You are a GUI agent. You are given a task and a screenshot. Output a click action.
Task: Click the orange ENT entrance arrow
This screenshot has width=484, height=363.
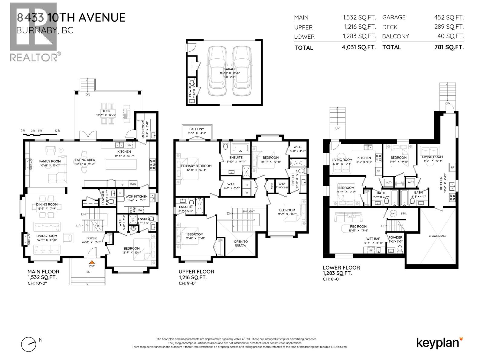click(x=92, y=262)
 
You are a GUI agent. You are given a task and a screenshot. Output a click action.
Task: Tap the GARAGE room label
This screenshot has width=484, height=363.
click(x=230, y=69)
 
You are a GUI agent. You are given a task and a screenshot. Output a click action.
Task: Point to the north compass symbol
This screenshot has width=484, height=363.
click(x=28, y=344)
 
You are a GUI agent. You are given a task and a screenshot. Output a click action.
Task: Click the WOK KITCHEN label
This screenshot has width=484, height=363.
click(x=136, y=196)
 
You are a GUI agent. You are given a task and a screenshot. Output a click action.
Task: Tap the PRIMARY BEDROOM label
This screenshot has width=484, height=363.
click(x=196, y=166)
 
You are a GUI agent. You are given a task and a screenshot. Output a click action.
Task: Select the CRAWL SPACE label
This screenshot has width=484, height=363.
click(x=437, y=236)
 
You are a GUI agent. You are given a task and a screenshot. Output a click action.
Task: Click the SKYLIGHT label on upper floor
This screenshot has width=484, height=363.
click(x=248, y=211)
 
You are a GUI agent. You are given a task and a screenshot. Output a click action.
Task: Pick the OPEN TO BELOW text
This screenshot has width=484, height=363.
click(x=241, y=243)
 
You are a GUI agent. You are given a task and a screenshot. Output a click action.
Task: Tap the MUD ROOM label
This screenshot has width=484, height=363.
click(x=144, y=130)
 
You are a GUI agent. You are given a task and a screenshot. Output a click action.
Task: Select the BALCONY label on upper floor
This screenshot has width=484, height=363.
click(x=197, y=129)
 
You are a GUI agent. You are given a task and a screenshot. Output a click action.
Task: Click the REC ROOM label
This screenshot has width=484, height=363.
click(x=358, y=226)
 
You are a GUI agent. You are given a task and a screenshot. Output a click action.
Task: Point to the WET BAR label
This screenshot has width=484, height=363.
click(x=373, y=239)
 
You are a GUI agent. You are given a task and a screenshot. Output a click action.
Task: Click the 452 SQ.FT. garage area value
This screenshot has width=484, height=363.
click(x=449, y=18)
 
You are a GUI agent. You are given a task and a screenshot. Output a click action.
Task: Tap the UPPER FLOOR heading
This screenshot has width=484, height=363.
click(x=196, y=272)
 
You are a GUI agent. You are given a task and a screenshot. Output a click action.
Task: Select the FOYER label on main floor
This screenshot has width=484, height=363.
click(x=91, y=238)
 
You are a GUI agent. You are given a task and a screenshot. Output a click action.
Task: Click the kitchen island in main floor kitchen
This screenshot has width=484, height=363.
click(x=121, y=165)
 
